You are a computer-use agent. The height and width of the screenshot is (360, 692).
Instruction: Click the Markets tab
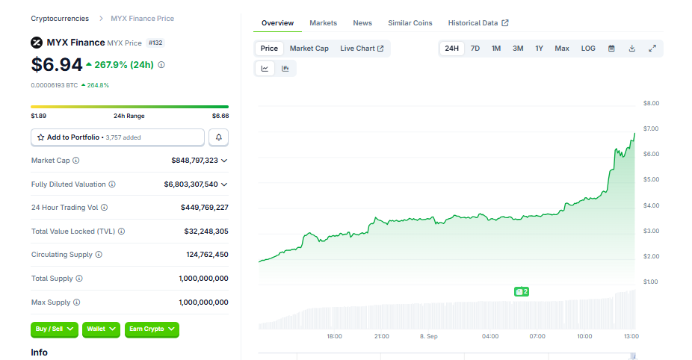point(323,23)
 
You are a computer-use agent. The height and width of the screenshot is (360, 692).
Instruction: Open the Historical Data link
point(478,23)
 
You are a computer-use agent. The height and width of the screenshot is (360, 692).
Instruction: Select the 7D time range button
point(475,49)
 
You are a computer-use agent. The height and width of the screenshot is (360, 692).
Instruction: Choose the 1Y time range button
point(539,49)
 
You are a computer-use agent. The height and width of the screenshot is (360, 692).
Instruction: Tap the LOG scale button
point(588,49)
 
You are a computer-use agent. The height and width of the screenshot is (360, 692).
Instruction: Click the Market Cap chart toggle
point(309,49)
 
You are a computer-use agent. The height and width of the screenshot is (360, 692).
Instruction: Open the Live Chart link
point(362,49)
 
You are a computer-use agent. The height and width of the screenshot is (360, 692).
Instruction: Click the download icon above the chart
point(632,49)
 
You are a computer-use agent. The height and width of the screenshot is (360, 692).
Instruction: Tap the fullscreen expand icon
point(652,49)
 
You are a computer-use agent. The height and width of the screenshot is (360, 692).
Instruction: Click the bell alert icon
point(218,137)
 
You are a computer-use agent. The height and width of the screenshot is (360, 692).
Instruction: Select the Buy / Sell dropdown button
point(55,329)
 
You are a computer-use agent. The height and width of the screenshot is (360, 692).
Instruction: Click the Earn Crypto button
point(152,329)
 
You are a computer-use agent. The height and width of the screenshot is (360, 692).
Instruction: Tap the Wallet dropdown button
point(101,329)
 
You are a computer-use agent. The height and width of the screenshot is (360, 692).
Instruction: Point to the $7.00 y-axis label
point(651,128)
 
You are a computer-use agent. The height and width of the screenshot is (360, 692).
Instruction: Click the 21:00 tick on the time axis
point(382,336)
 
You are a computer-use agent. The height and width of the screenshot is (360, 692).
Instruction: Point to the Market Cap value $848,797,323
point(194,161)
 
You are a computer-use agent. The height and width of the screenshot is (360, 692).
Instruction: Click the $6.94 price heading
point(57,65)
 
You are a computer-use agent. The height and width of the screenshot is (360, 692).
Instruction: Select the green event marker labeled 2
point(521,291)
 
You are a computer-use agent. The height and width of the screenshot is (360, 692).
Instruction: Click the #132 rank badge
point(155,43)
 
